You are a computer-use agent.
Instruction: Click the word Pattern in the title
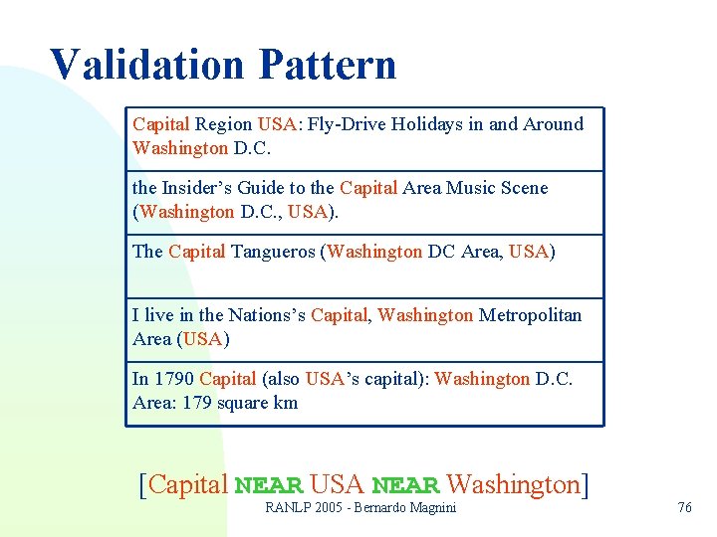328,65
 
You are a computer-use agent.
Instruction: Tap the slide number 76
683,507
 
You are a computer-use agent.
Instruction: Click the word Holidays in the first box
422,124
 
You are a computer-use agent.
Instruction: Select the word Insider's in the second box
198,188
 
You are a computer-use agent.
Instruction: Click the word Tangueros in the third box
273,252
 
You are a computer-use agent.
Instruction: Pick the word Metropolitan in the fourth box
530,315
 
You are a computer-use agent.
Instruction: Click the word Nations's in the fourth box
266,315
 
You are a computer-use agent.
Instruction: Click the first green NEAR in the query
268,486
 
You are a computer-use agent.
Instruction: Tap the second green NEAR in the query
405,486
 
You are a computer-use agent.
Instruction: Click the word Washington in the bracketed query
513,484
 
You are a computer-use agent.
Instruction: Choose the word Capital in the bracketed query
188,484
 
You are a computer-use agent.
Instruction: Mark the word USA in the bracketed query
337,484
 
